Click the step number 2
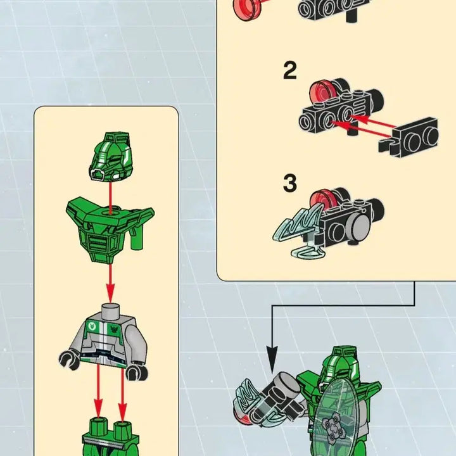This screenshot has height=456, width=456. pos(289,71)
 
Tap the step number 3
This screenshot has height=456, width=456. pos(289,183)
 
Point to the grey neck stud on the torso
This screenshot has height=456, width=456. pos(110,310)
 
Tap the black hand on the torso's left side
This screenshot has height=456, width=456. pos(66,362)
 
